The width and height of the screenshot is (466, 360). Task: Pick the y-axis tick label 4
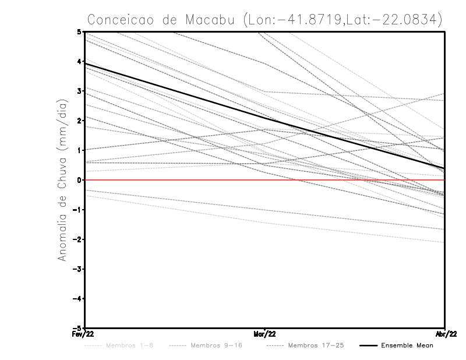[x=80, y=61]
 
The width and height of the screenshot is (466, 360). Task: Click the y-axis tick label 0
[x=80, y=180]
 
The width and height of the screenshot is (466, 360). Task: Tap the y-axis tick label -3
[x=78, y=269]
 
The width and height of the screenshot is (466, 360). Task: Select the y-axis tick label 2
[x=80, y=121]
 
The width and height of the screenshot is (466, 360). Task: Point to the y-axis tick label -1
[x=78, y=210]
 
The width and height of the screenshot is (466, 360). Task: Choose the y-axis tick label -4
[x=78, y=299]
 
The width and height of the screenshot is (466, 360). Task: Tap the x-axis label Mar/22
[x=264, y=334]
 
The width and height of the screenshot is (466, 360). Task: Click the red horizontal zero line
[x=175, y=180]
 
